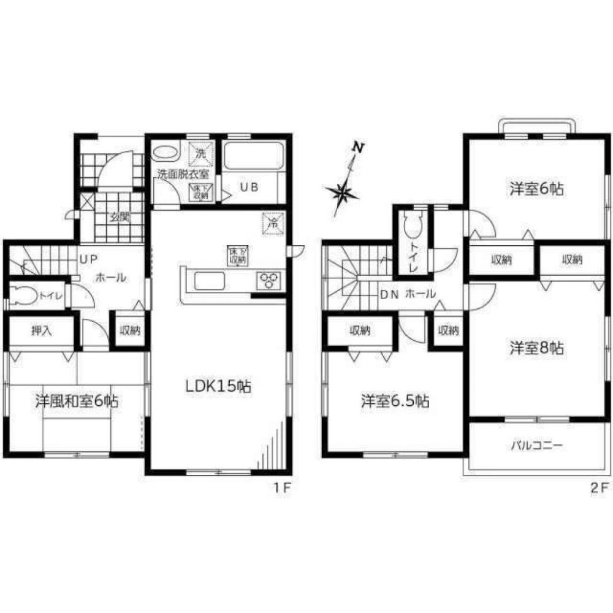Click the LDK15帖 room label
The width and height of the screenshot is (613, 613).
pos(218,387)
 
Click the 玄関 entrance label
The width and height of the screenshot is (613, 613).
pos(120,216)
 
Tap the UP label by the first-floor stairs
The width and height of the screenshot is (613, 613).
pos(86,259)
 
